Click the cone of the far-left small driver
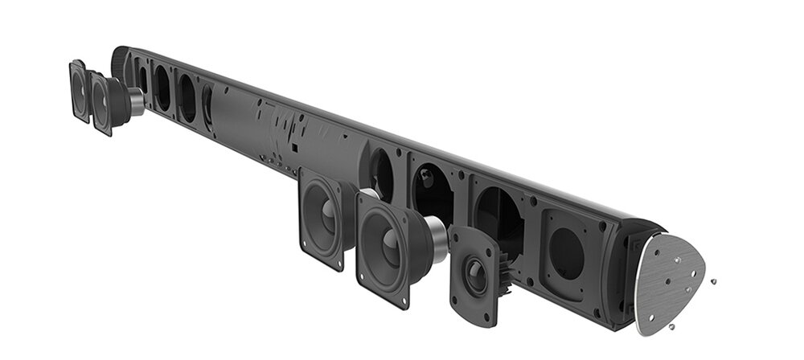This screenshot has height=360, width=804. pos(80,89)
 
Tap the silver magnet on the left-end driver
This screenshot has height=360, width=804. pos(134,102)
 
